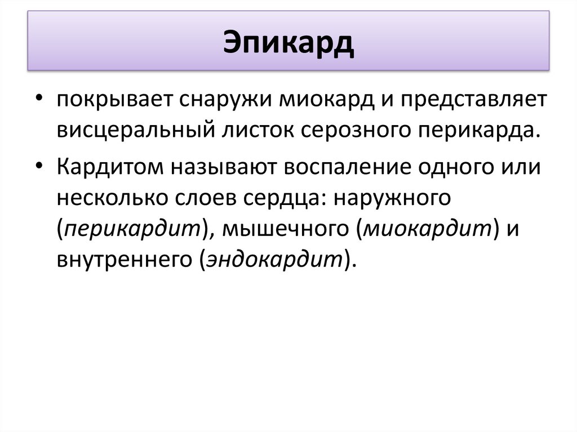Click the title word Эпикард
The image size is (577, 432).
(x=288, y=44)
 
